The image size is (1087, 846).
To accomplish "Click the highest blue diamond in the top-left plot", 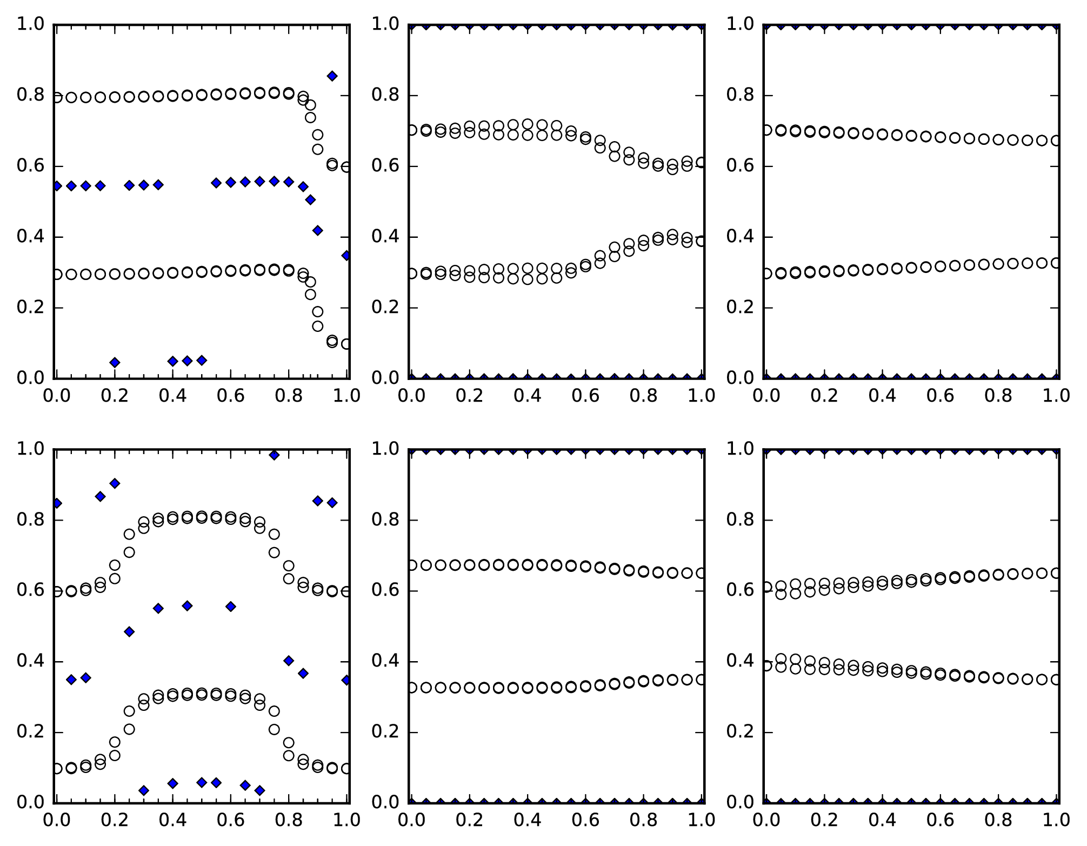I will [x=332, y=76].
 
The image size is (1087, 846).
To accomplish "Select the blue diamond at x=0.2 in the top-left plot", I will [x=115, y=362].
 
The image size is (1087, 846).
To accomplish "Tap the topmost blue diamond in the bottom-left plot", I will [x=274, y=455].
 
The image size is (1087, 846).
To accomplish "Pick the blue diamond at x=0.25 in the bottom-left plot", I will [x=129, y=631].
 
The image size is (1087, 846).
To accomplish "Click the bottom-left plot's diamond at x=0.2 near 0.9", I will [x=115, y=483].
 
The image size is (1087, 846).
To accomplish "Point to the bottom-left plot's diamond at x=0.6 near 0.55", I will [x=231, y=607].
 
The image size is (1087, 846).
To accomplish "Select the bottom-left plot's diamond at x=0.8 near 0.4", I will [x=289, y=661].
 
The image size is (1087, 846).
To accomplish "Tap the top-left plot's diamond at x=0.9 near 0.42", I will [x=318, y=231].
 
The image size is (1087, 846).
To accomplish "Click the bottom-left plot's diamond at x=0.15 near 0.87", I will [x=100, y=496].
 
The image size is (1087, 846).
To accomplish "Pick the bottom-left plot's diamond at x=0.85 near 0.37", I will [x=303, y=674].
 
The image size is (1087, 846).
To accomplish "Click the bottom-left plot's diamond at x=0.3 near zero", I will [x=144, y=790].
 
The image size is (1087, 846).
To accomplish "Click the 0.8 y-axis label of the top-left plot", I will [x=30, y=96].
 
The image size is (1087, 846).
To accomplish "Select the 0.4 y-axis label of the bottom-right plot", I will [x=740, y=662].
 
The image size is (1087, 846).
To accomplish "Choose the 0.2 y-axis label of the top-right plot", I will [x=740, y=308].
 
